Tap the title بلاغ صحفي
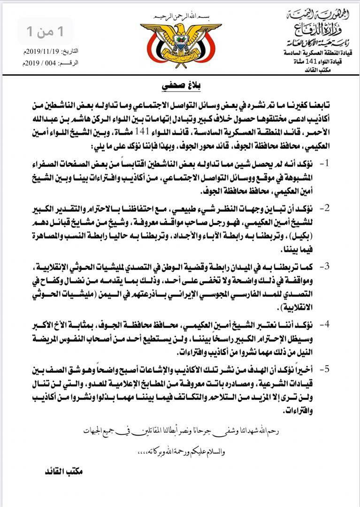180,87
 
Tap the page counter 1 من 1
46,32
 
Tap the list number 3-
324,266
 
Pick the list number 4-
324,324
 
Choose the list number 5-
324,369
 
